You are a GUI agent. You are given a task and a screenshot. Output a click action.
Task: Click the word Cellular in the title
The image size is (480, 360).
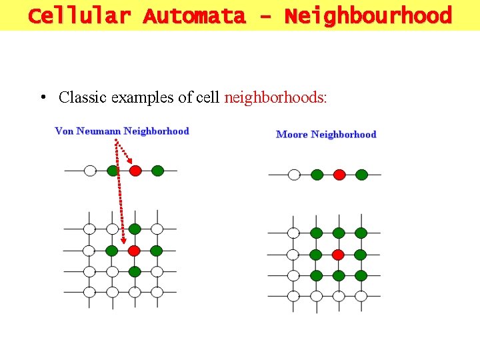pos(79,15)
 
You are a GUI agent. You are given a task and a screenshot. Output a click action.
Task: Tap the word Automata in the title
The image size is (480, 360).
pos(193,15)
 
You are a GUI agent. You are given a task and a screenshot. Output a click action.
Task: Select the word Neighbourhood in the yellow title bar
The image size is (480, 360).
pos(368,15)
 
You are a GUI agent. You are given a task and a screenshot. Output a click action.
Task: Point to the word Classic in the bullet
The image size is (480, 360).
pos(83,97)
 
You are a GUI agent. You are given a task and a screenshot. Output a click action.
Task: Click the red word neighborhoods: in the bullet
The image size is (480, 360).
pos(275,97)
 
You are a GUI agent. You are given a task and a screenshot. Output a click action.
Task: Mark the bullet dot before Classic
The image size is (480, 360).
pos(42,98)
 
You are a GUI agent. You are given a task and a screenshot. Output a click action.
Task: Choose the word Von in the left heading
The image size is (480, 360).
pos(64,131)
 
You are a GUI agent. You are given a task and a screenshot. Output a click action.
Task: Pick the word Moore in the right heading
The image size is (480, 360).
pos(292,135)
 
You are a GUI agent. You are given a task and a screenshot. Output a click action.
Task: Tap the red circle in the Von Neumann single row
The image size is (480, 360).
pos(135,171)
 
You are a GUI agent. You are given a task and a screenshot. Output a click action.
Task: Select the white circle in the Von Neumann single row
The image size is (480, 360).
pos(90,171)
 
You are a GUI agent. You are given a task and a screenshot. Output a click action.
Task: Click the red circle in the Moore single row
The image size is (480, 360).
pos(339,175)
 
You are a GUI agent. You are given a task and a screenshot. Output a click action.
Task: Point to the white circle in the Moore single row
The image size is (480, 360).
pos(294,175)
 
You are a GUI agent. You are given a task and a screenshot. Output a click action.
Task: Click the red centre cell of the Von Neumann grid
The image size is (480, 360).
pos(134,251)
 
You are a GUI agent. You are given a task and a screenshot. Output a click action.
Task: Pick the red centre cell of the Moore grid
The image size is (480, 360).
pos(338,255)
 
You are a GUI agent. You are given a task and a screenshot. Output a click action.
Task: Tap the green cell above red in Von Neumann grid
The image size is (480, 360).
pos(135,229)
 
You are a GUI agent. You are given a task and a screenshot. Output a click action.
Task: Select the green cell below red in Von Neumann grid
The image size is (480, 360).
pos(135,271)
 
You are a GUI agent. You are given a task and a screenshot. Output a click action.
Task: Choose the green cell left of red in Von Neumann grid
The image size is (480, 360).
pos(112,251)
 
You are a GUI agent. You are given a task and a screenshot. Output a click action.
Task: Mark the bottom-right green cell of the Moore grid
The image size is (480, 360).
pos(361,275)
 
